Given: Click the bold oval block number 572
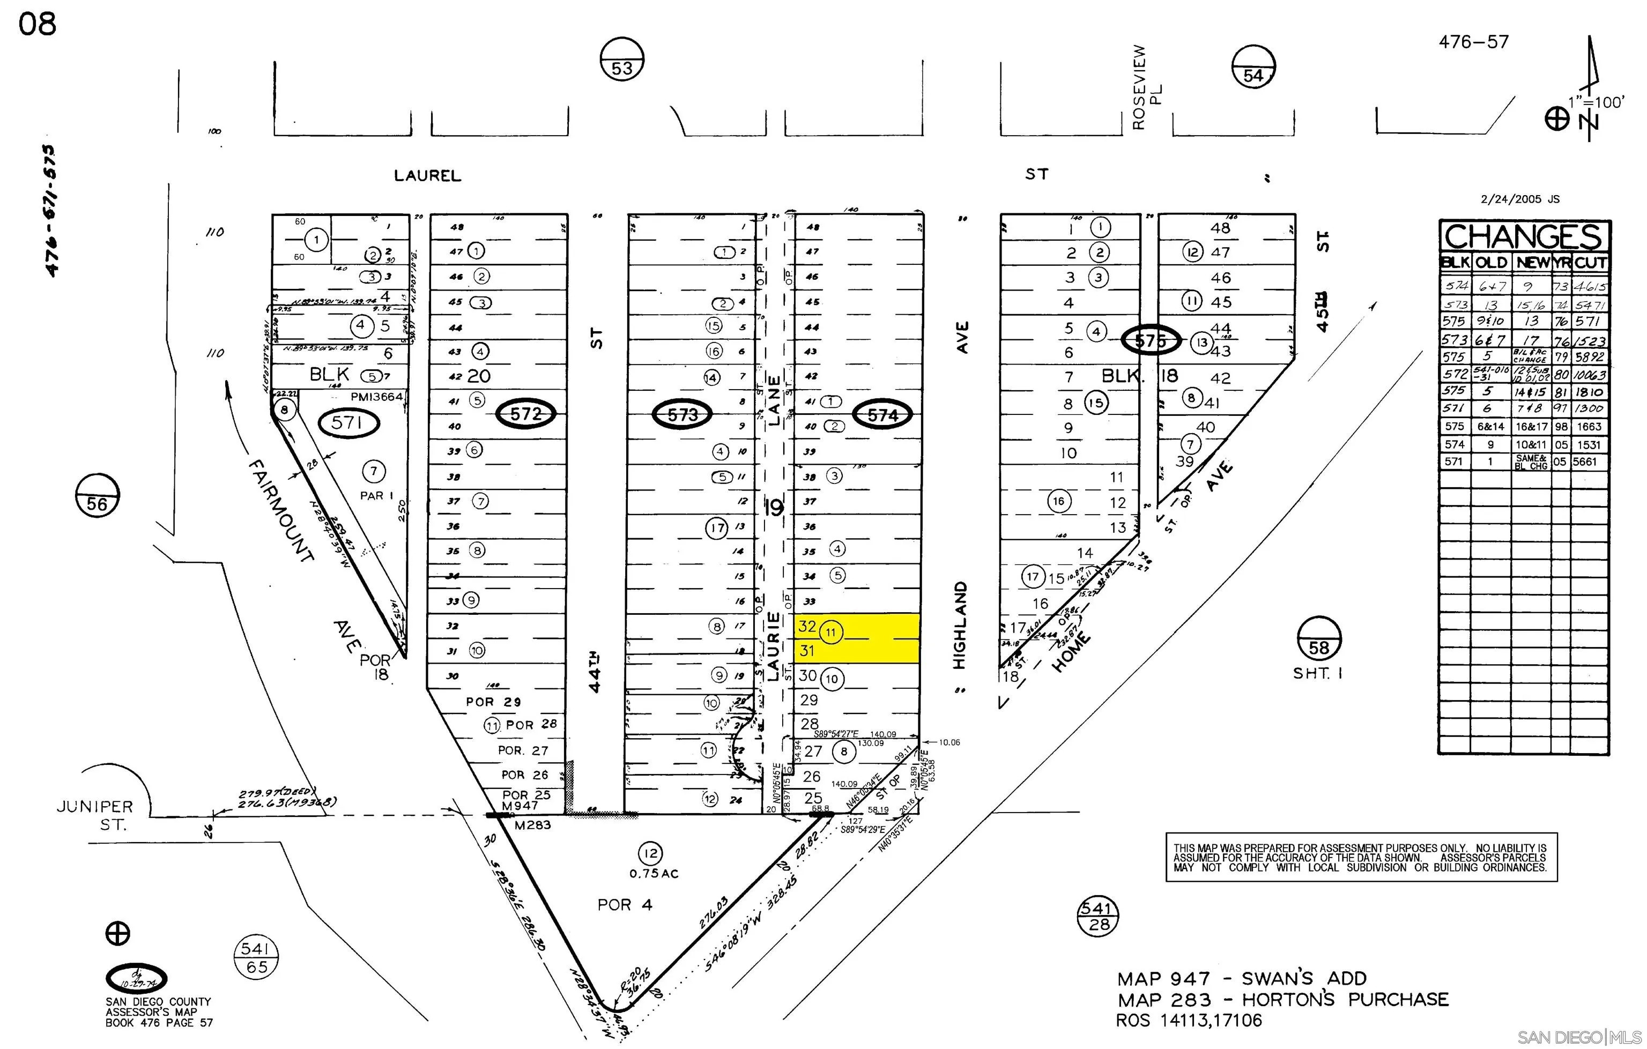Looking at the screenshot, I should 525,414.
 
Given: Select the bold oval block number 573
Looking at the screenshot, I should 682,414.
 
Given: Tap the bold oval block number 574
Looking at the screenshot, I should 882,415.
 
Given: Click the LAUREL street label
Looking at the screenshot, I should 427,176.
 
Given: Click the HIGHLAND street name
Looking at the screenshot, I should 960,625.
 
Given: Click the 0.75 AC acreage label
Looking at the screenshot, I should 654,873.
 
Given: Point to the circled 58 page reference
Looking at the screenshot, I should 1319,639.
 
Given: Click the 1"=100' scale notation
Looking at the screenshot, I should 1603,102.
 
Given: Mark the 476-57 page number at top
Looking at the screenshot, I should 1473,42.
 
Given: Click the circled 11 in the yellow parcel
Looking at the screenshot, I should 831,632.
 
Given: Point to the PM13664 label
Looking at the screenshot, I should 377,397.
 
